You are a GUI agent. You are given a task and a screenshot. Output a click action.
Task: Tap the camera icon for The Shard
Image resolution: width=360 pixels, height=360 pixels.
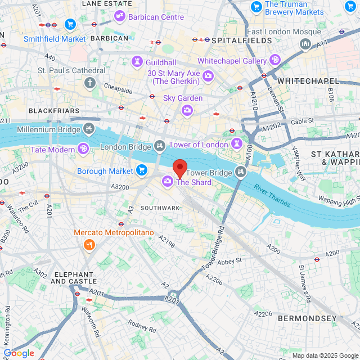(168, 181)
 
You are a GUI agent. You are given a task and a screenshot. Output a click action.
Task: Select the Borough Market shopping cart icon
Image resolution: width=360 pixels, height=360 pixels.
(141, 170)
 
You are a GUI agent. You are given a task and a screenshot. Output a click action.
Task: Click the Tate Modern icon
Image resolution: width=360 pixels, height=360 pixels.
(83, 149)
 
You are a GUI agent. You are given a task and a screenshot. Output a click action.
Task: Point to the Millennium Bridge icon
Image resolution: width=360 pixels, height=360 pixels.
(89, 130)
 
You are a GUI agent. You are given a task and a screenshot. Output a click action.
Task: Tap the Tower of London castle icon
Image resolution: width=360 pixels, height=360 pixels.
(237, 143)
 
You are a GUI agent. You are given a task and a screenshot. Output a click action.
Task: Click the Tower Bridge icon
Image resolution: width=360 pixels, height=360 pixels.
(241, 172)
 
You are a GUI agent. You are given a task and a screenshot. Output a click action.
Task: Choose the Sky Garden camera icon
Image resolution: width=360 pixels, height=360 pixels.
(187, 109)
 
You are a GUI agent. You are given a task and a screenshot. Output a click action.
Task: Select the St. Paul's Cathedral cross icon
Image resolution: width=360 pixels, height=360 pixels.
(89, 83)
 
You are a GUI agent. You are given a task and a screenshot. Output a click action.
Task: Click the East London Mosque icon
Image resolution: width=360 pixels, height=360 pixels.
(305, 43)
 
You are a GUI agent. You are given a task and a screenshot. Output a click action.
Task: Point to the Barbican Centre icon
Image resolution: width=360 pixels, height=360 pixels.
(120, 17)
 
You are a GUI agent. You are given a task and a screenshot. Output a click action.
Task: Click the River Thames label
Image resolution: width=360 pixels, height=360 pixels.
(272, 195)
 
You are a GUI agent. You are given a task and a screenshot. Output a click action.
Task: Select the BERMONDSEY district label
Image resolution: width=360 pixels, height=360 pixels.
(307, 318)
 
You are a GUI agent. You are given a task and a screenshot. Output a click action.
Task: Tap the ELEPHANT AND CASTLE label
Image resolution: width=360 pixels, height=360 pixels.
(75, 277)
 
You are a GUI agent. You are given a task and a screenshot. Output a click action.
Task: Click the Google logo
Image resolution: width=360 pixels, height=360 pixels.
(18, 353)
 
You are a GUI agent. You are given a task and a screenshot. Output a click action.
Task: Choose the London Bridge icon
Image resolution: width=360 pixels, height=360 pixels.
(160, 146)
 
